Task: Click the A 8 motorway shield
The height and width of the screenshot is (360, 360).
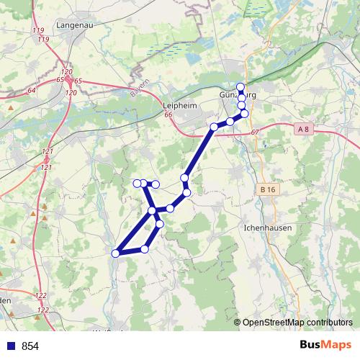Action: [x=305, y=129]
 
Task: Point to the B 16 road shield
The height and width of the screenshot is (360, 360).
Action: [x=268, y=189]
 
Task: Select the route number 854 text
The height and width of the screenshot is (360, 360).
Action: [x=30, y=346]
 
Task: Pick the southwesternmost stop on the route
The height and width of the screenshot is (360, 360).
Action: [x=115, y=253]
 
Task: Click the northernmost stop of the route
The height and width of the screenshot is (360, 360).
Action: [x=240, y=87]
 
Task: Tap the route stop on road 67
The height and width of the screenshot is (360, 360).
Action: [x=214, y=127]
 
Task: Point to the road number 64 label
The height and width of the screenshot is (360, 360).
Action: [x=31, y=91]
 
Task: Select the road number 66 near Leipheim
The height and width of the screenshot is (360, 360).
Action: [x=168, y=115]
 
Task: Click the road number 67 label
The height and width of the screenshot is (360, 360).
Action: [x=255, y=132]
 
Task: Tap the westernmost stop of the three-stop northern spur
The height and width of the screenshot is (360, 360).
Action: [x=136, y=183]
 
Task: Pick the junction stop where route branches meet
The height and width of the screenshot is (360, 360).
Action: [x=153, y=211]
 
